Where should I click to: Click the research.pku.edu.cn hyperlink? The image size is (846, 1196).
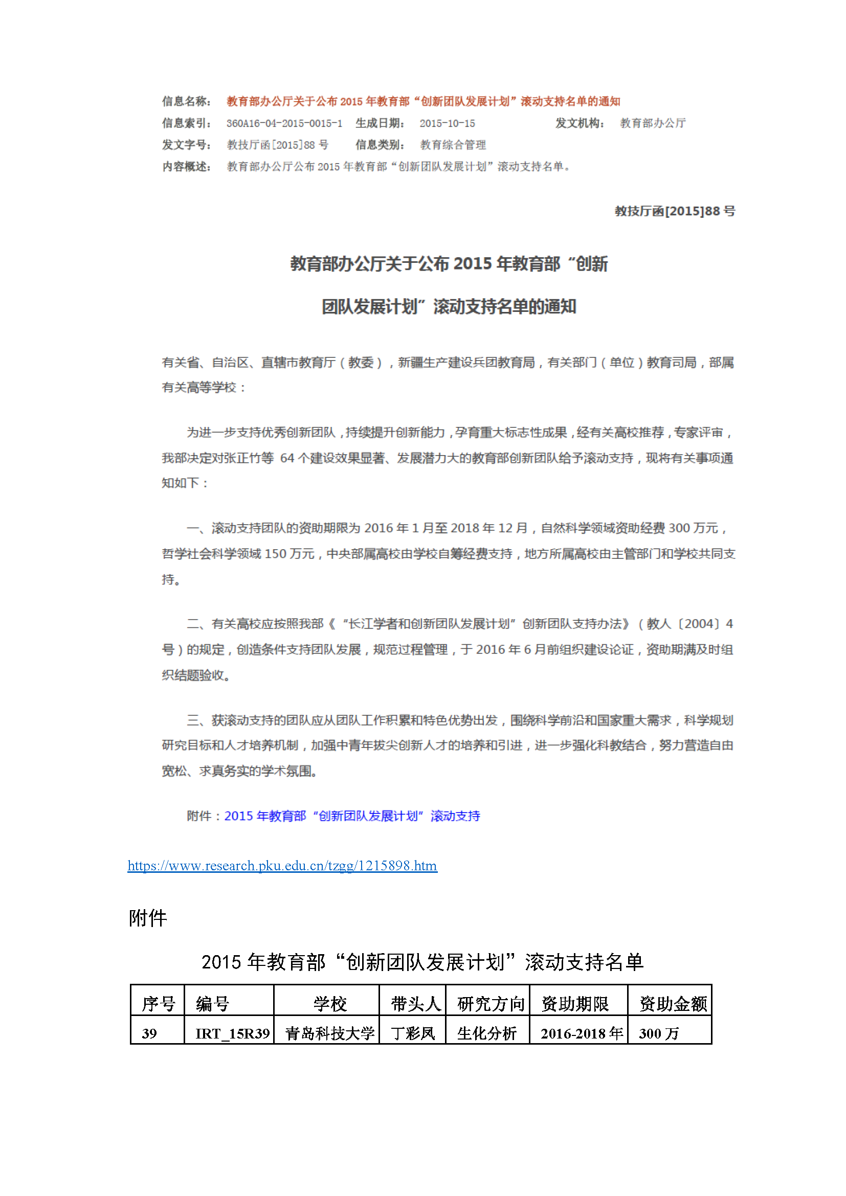[x=282, y=866]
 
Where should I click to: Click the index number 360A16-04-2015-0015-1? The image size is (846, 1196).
[x=284, y=123]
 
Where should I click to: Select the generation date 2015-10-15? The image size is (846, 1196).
[x=447, y=123]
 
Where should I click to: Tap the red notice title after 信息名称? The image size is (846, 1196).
[x=423, y=102]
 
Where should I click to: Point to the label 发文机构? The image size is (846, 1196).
[x=580, y=123]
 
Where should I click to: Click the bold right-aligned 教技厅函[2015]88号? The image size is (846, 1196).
[x=675, y=211]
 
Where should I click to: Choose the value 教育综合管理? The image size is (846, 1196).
[x=453, y=145]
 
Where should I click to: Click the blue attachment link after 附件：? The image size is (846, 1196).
[x=351, y=816]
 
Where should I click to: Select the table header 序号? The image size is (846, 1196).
[x=158, y=1003]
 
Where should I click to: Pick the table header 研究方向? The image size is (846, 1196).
[x=490, y=1003]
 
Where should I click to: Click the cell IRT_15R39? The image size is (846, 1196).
[x=232, y=1033]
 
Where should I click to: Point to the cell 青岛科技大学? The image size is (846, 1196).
[x=330, y=1033]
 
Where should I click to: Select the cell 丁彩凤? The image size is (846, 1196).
[x=413, y=1033]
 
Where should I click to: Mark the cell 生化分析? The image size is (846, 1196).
[x=486, y=1033]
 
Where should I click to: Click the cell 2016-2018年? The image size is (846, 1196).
[x=582, y=1033]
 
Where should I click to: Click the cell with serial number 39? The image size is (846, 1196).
[x=149, y=1033]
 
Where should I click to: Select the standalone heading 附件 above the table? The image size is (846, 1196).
[x=147, y=918]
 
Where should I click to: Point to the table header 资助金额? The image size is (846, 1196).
[x=673, y=1003]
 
